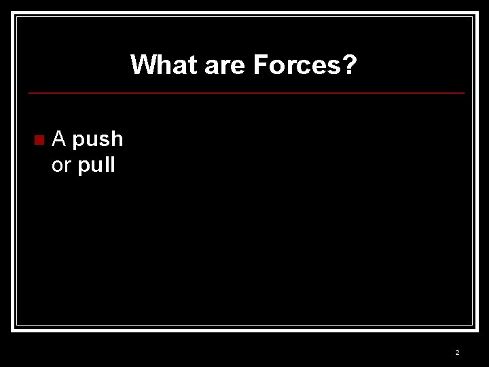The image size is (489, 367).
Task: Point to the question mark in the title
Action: coord(350,65)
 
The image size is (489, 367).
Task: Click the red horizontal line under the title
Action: coord(246,93)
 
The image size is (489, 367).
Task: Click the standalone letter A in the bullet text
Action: coord(59,139)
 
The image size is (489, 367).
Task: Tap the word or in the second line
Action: coord(61,166)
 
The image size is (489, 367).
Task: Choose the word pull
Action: coord(96,166)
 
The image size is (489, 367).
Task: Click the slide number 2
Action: coord(457,352)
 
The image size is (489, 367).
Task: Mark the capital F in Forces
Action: coord(260,65)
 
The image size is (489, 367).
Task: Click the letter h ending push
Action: coord(117,139)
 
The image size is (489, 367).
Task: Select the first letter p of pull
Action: coord(84,167)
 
